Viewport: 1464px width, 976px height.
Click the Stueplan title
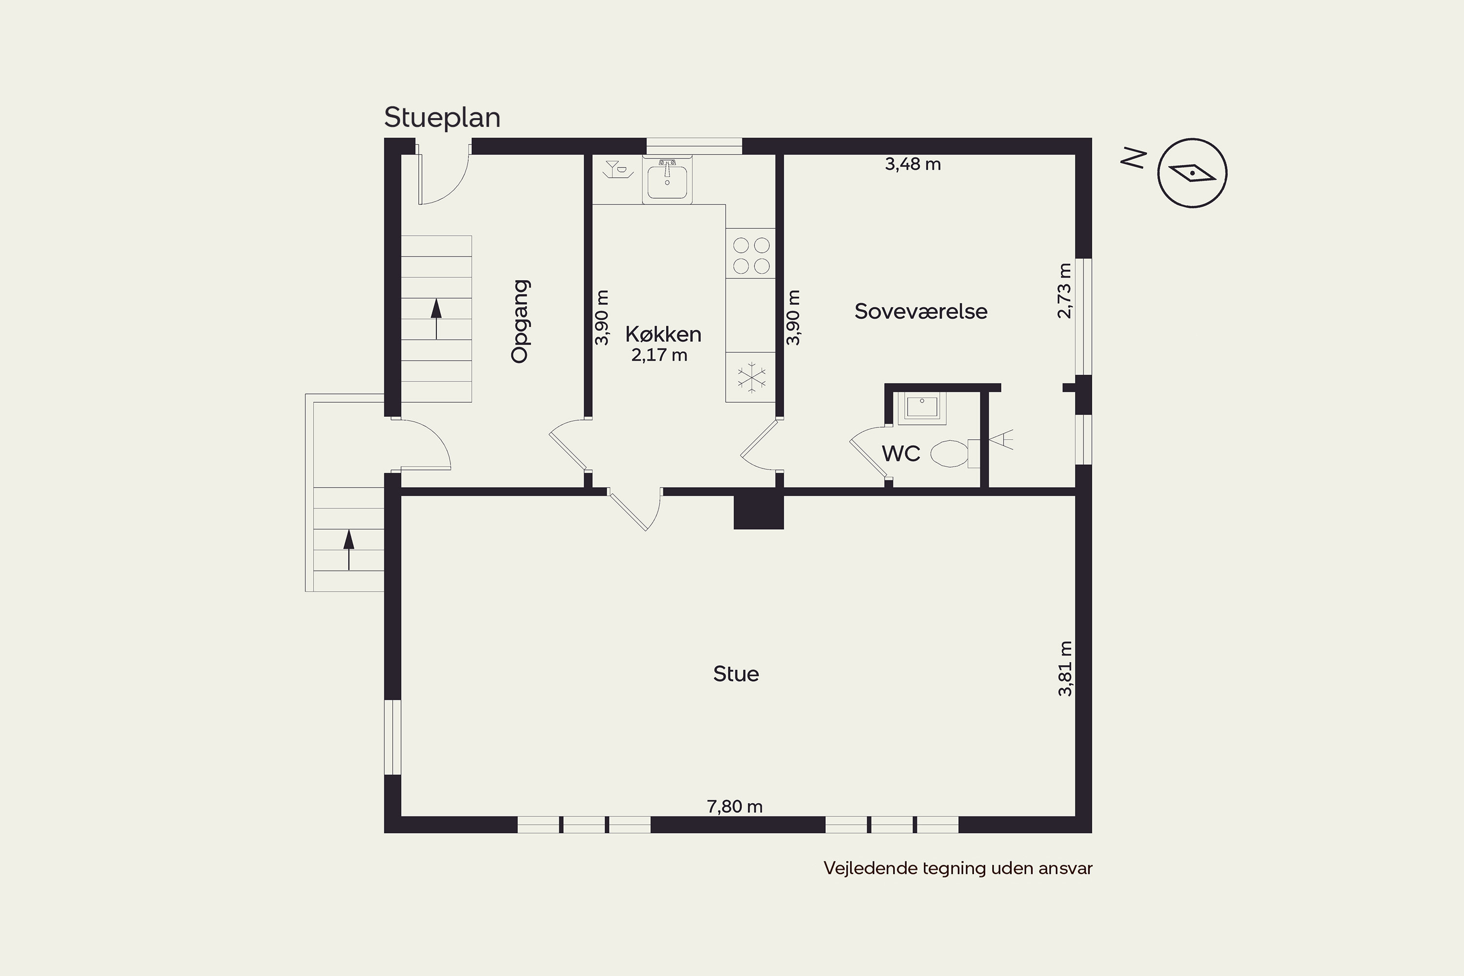coord(442,118)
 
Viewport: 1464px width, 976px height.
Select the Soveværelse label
coord(920,311)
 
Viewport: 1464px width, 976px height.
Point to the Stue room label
coord(736,673)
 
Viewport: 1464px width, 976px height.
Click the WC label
coord(901,454)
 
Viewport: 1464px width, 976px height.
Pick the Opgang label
coord(520,321)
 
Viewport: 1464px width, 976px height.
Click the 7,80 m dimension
coord(734,806)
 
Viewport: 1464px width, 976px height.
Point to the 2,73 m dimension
coord(1064,291)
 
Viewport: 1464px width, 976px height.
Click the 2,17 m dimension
coord(659,355)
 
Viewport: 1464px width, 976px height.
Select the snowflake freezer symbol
coord(752,377)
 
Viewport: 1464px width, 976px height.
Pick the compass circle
coord(1192,173)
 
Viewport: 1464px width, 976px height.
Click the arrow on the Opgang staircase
coord(436,319)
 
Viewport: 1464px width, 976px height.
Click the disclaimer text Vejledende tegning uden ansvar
coord(958,868)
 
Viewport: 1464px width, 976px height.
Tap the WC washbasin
coord(922,408)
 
